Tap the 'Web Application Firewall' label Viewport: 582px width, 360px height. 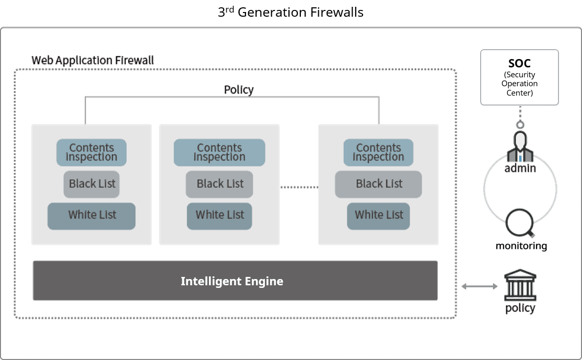[92, 61]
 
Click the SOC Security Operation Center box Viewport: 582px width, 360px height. [519, 77]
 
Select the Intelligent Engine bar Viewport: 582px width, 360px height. [235, 281]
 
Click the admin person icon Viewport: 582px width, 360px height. [520, 147]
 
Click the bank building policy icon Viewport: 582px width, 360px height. [520, 285]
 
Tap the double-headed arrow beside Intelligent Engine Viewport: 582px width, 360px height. [479, 286]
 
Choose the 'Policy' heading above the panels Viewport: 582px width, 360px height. [239, 89]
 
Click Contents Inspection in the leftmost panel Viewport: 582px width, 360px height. [91, 153]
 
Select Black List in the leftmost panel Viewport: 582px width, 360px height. [91, 184]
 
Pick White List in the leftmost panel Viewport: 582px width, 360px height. [91, 216]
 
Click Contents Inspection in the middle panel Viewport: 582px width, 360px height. [219, 153]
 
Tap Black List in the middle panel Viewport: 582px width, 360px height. [219, 184]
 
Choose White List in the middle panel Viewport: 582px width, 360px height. [219, 216]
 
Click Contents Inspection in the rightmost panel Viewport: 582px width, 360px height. [378, 153]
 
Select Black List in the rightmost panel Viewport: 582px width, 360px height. [378, 184]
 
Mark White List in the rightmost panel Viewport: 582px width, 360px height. [378, 216]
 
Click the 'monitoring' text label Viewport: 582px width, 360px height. [521, 246]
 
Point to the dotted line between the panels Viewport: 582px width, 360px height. [299, 187]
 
